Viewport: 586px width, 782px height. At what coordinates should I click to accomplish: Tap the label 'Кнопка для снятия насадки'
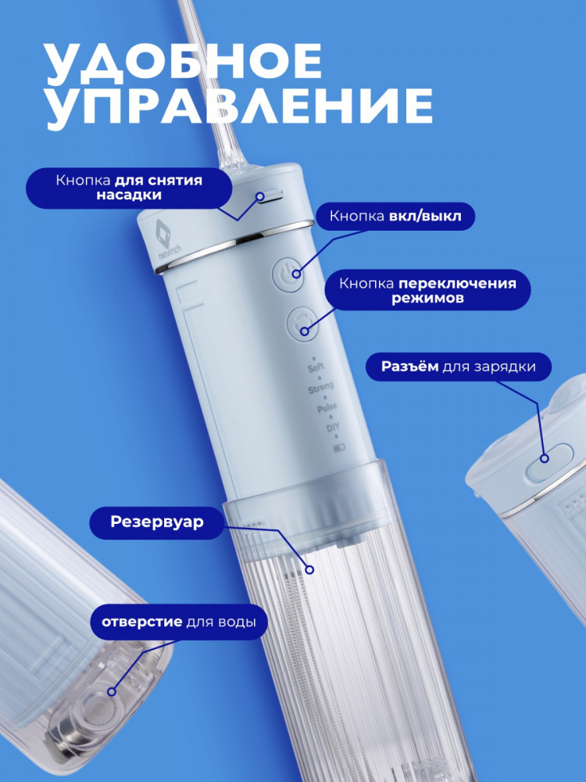[129, 188]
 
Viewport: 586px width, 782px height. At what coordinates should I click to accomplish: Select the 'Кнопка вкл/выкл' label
[395, 216]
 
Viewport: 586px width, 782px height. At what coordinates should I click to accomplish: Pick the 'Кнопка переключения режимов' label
[428, 290]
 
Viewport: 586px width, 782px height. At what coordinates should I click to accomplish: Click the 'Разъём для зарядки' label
[459, 367]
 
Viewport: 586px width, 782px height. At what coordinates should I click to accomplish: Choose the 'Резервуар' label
[157, 522]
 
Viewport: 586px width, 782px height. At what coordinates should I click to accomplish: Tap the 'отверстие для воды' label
[179, 622]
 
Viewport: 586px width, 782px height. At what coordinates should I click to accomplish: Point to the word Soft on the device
[316, 368]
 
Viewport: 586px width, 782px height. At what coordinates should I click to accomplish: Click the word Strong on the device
[321, 388]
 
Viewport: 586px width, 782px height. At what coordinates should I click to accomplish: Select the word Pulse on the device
[327, 408]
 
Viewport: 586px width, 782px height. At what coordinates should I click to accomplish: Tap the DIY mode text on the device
[332, 428]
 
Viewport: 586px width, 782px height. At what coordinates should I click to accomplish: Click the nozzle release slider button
[270, 195]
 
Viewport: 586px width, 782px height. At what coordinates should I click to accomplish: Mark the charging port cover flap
[549, 463]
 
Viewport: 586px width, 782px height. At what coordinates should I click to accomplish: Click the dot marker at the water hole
[112, 691]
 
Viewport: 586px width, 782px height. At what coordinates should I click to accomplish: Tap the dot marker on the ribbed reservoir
[309, 569]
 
